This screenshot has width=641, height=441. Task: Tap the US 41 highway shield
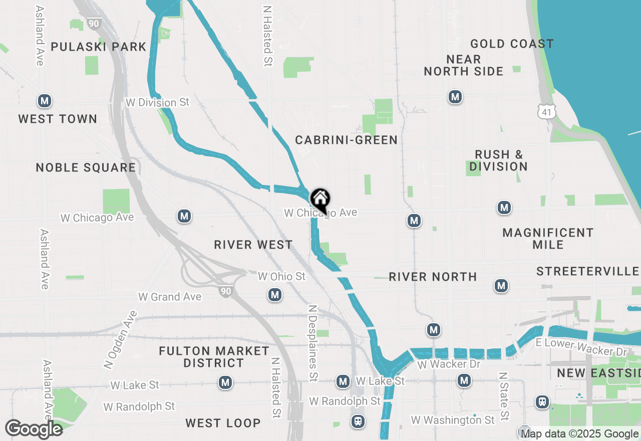[x=546, y=111]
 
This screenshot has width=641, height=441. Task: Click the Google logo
[x=34, y=429]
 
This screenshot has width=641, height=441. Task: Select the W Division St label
[x=158, y=102]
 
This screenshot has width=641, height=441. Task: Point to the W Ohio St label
[x=281, y=277]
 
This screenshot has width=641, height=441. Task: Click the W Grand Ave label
[x=170, y=297]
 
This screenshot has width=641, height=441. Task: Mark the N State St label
[x=504, y=396]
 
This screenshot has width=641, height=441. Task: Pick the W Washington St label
[x=453, y=419]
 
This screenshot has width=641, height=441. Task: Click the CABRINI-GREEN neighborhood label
[x=347, y=140]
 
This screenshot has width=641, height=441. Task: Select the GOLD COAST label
[x=512, y=44]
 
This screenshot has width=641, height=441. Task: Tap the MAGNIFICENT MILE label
[x=548, y=239]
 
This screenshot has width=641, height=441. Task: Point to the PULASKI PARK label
[x=99, y=47]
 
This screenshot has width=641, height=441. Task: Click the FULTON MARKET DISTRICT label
[x=214, y=357]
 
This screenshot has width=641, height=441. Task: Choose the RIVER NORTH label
[x=433, y=277]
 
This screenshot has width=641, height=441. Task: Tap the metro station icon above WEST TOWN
[x=45, y=101]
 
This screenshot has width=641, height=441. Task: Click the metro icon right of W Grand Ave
[x=274, y=295]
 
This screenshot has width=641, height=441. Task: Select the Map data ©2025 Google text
[x=579, y=434]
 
